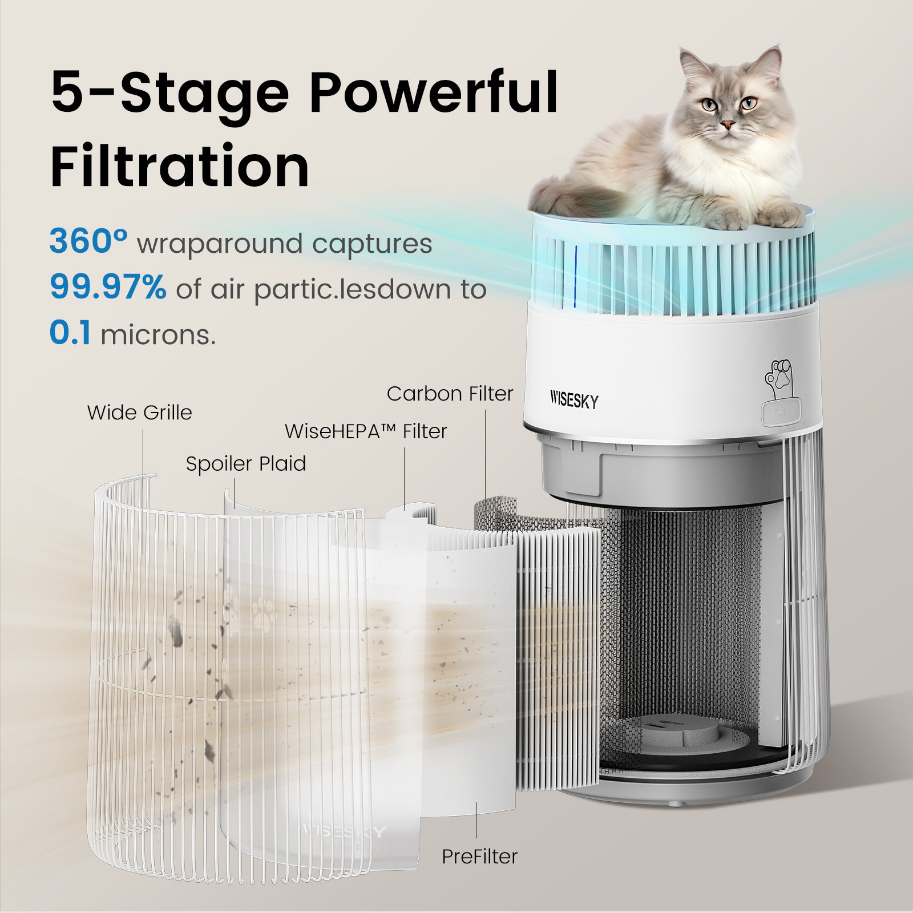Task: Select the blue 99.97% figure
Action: [108, 288]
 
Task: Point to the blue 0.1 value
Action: [70, 334]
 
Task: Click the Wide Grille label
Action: [139, 413]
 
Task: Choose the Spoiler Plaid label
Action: [246, 463]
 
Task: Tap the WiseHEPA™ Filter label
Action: [366, 431]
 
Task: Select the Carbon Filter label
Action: [450, 394]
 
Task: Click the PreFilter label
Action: [479, 856]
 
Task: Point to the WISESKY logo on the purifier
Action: [574, 401]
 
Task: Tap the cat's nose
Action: [728, 124]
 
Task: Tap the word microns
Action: [158, 335]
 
